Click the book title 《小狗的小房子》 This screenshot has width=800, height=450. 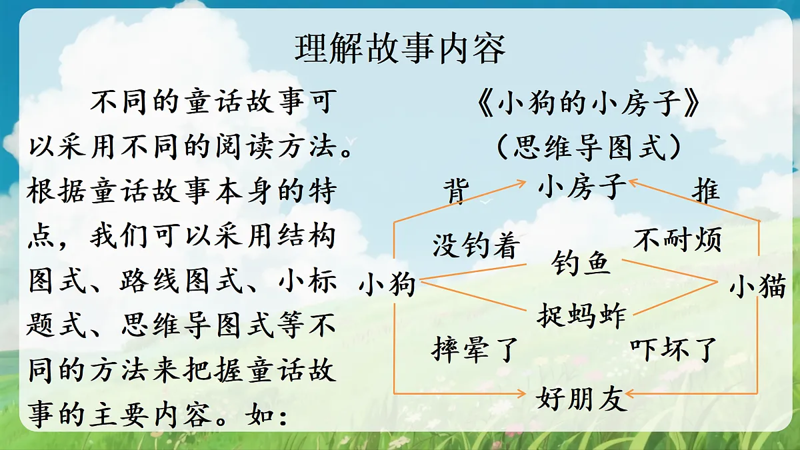tap(589, 105)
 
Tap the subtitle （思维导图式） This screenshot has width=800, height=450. tap(589, 147)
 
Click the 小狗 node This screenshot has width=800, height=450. tap(387, 285)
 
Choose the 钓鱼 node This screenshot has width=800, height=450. tap(581, 264)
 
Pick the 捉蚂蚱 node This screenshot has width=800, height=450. tap(581, 315)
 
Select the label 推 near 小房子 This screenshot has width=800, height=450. tap(706, 190)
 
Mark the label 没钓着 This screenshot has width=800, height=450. tap(475, 246)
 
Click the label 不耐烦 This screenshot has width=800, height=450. tap(677, 239)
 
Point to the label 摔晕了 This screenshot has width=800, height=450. tap(474, 349)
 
